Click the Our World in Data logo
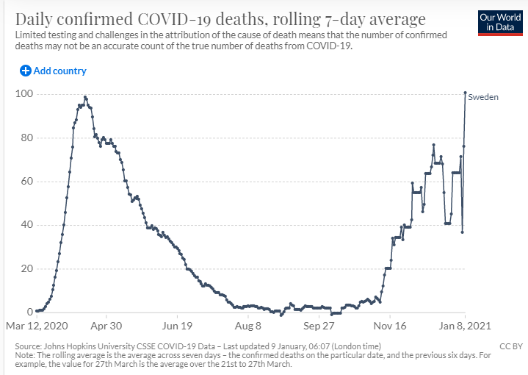pos(500,23)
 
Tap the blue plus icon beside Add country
pos(26,71)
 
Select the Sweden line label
pos(483,97)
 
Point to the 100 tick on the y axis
pos(24,94)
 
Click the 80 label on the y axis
pos(27,137)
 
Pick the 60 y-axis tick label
pos(27,181)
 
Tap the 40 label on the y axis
pos(27,224)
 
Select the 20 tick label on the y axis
pos(27,268)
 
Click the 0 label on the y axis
pos(30,312)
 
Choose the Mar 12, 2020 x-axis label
pos(37,326)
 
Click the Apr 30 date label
pos(106,326)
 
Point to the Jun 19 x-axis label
pos(177,326)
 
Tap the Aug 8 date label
pos(248,326)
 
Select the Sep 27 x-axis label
pos(319,326)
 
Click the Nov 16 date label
pos(390,326)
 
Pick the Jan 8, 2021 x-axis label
pos(465,326)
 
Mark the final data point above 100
pos(465,93)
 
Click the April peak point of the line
pos(85,98)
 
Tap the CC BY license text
pos(511,346)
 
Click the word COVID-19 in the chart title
pos(175,19)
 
